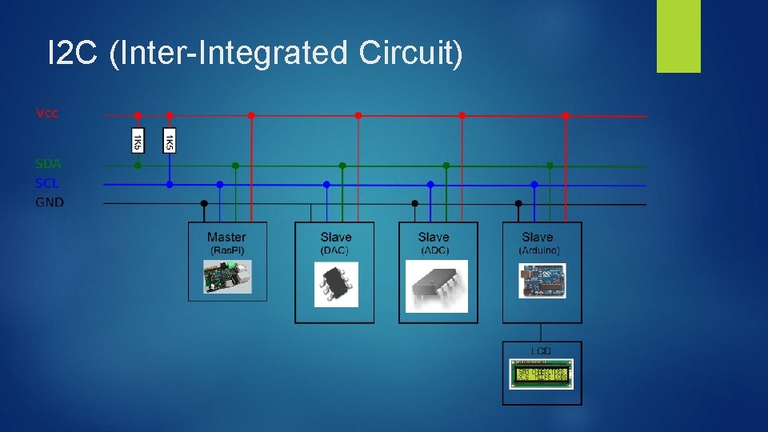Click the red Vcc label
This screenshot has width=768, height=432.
(x=47, y=113)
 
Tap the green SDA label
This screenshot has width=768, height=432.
(x=48, y=164)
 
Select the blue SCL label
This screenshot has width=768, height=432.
(x=47, y=183)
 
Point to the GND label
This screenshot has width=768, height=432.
(x=50, y=202)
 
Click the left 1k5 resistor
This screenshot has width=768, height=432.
(x=138, y=141)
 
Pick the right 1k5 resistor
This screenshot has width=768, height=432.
(x=170, y=141)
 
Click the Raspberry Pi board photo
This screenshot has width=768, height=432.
(x=226, y=277)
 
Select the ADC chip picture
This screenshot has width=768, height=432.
(x=436, y=285)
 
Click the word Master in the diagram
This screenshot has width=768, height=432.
(x=226, y=237)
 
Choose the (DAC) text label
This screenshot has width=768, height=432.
(x=335, y=250)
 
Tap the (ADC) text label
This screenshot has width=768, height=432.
(x=434, y=250)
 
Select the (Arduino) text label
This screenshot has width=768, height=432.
(x=539, y=250)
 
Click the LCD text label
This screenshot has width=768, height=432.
(x=542, y=350)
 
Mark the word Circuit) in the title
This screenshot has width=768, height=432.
(x=410, y=54)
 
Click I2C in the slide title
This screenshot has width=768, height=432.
(x=74, y=54)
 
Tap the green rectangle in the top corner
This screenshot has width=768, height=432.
(x=678, y=36)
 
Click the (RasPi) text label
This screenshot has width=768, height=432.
(x=227, y=250)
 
